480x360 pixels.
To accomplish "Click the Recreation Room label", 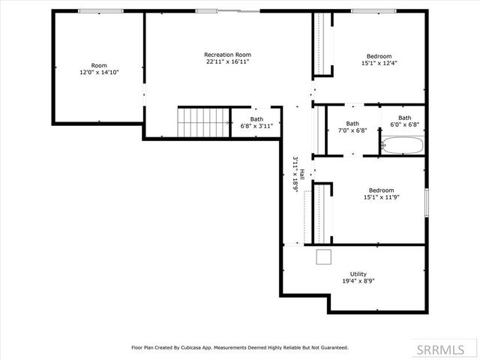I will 227,55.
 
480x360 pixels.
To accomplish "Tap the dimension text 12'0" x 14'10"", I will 99,72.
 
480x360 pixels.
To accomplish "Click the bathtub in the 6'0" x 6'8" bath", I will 403,145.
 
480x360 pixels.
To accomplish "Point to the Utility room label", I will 358,274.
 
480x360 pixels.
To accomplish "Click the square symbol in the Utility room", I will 324,257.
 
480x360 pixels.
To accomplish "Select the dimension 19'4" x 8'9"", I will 358,281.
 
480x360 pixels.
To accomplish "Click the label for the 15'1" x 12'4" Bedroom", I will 378,56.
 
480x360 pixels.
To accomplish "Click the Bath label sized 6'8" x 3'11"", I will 256,118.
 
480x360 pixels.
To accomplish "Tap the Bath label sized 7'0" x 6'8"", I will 352,123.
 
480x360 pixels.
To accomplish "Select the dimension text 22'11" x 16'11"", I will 227,62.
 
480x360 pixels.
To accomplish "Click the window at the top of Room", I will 100,10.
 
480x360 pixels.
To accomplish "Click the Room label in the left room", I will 99,65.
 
